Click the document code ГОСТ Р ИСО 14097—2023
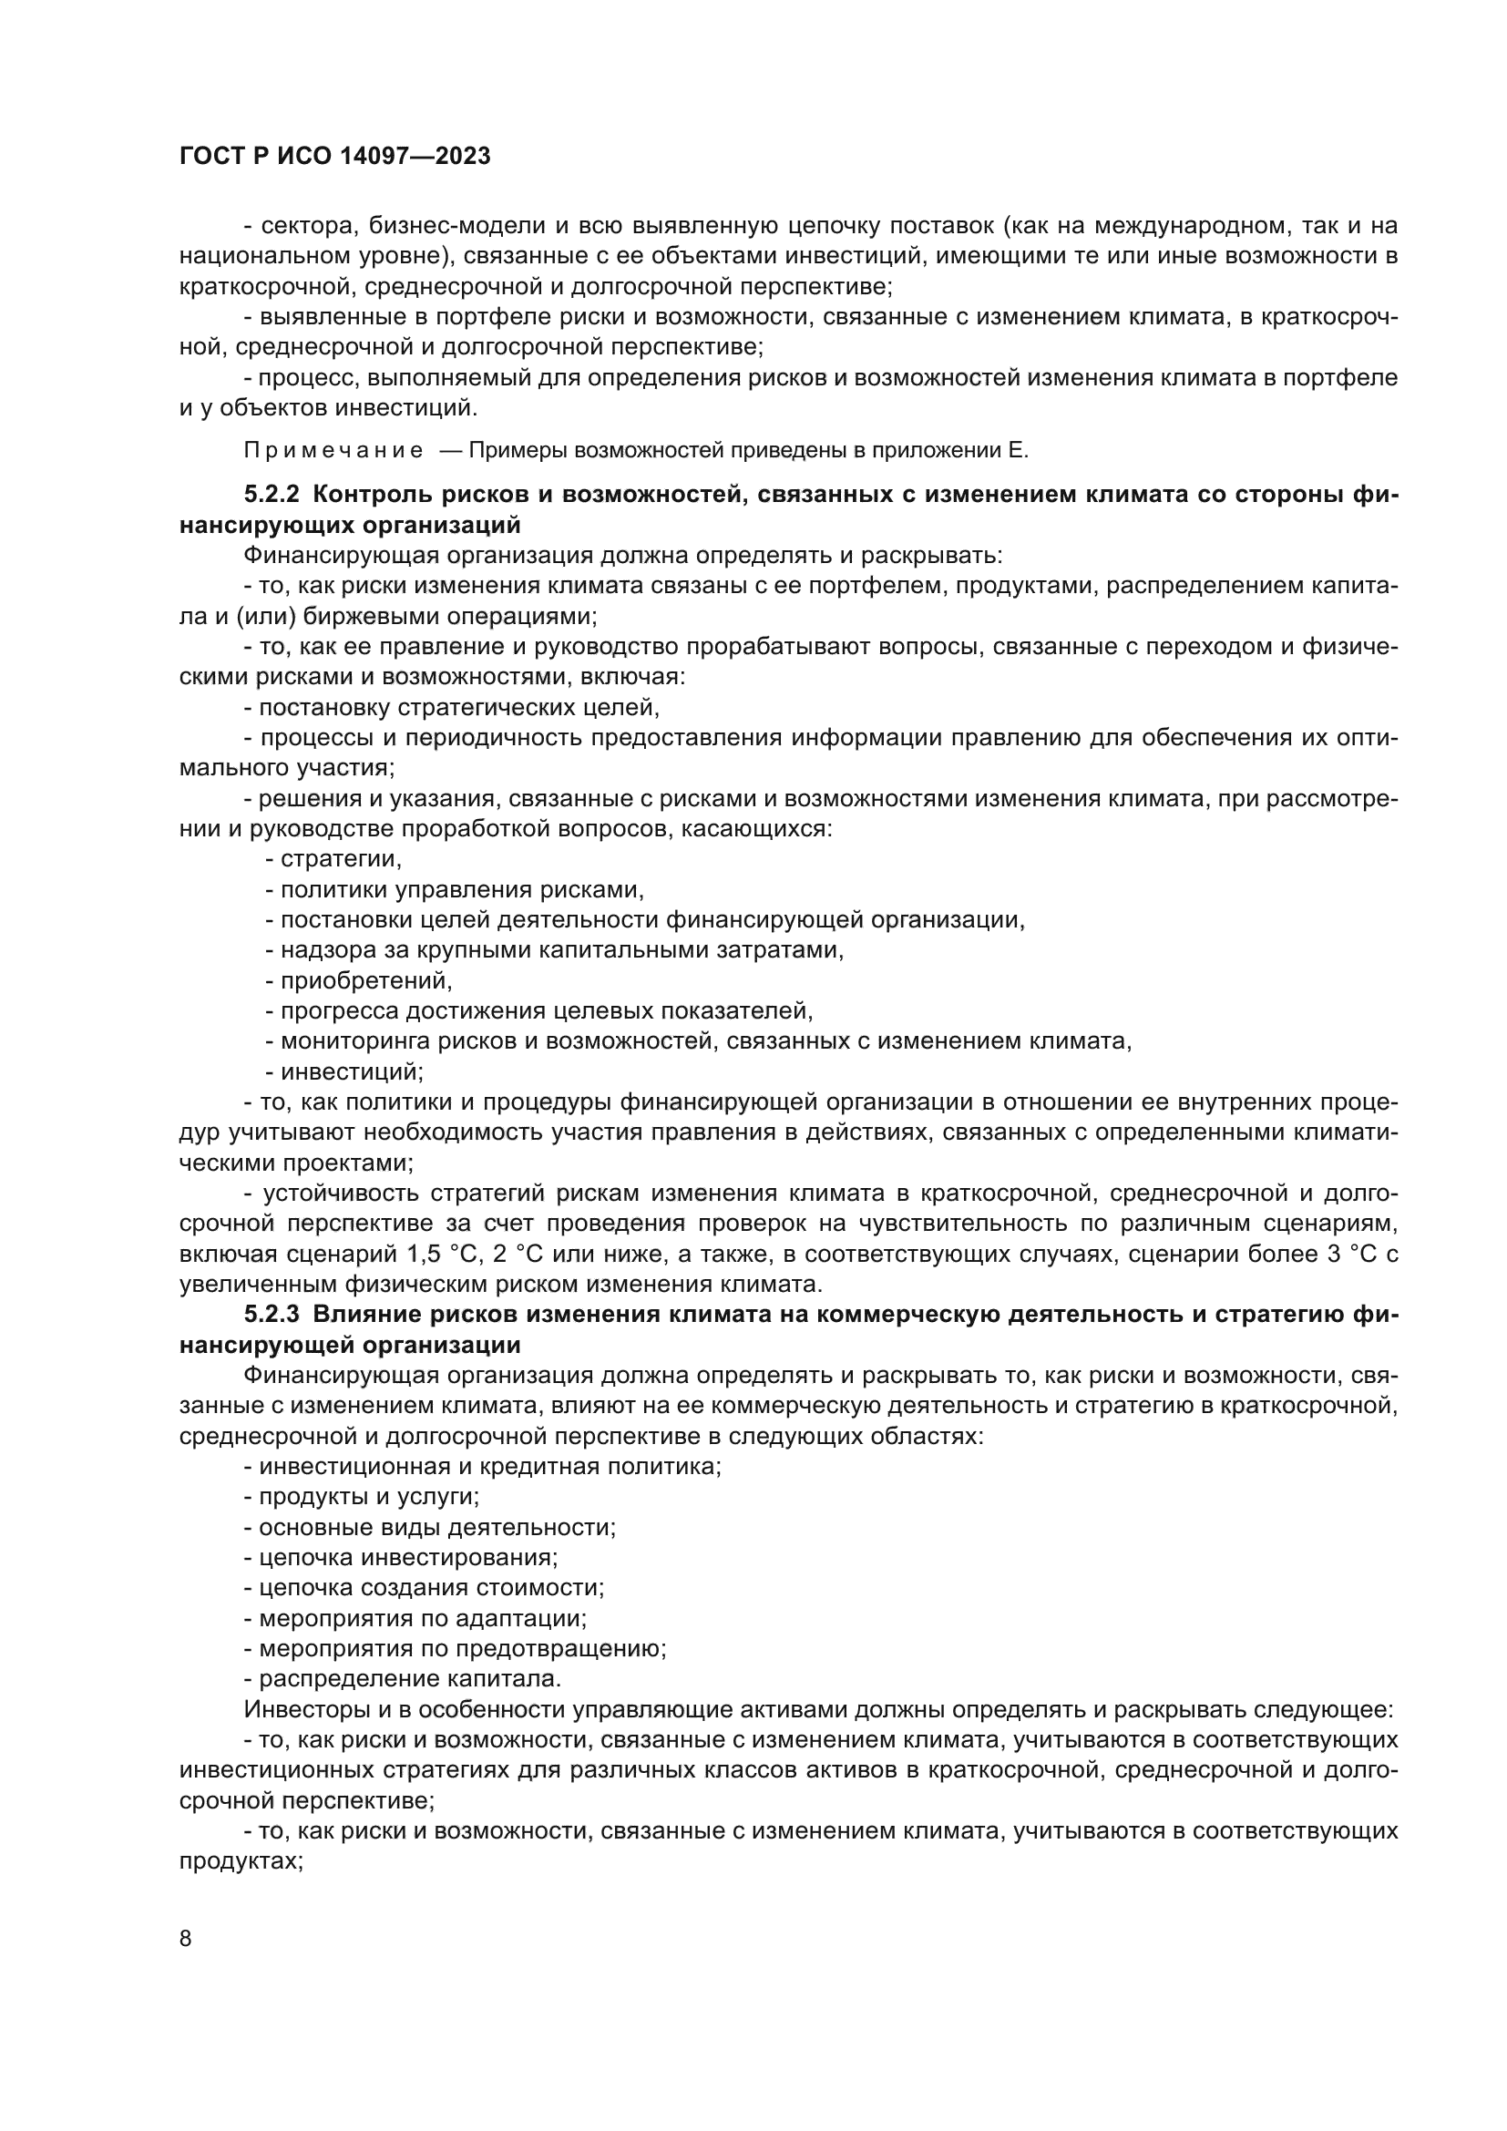(335, 157)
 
